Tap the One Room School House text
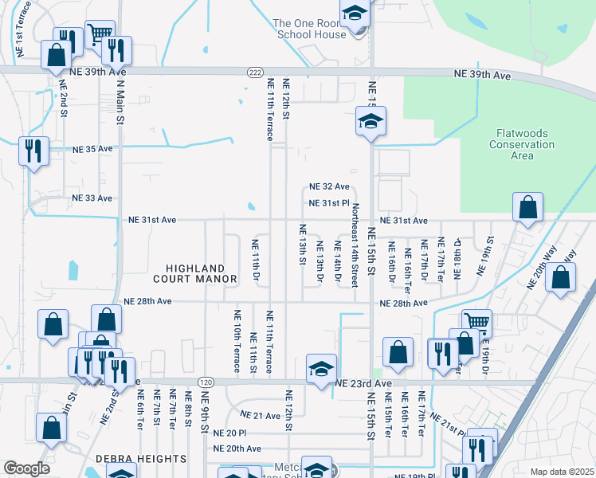(311, 29)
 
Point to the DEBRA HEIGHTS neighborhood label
(141, 459)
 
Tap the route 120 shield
(206, 382)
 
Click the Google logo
(26, 468)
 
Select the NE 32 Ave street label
(330, 186)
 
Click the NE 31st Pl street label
(330, 203)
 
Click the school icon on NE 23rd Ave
(321, 368)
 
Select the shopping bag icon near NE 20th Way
(561, 278)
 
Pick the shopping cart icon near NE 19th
(476, 322)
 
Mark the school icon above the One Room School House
(355, 12)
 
